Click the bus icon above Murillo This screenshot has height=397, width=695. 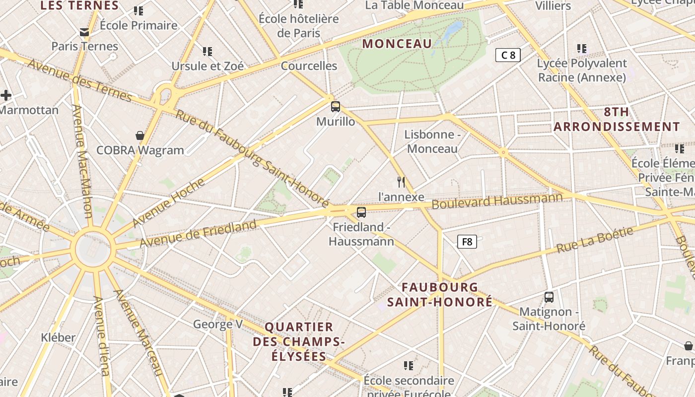[x=336, y=106]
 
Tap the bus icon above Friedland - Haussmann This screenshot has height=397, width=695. [x=361, y=212]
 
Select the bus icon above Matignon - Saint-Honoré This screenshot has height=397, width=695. [x=549, y=297]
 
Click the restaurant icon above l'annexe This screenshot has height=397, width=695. [x=401, y=182]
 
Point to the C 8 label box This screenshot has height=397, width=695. [x=508, y=55]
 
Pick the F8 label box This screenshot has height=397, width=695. [x=467, y=242]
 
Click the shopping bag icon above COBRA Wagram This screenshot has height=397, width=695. [x=140, y=135]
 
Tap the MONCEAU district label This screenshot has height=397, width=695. [x=397, y=44]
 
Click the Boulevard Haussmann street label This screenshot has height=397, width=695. [x=497, y=201]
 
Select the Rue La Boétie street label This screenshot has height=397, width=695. [x=595, y=240]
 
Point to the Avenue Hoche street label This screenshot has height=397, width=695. [x=168, y=202]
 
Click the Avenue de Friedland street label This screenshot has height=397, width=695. [x=198, y=234]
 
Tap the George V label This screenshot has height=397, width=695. [x=217, y=325]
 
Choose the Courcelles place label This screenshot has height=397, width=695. [x=309, y=66]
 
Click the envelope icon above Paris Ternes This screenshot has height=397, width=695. [x=84, y=33]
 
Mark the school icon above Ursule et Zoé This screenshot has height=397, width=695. [x=208, y=51]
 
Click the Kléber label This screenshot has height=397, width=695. [x=58, y=337]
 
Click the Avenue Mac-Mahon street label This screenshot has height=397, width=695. [x=82, y=161]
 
